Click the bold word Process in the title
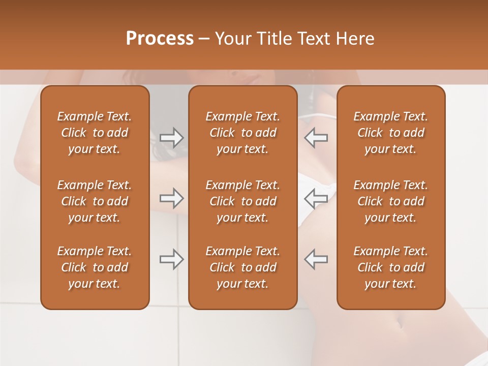[160, 39]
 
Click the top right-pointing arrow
[172, 138]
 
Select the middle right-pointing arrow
[172, 198]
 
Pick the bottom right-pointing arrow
[172, 259]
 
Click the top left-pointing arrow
[316, 138]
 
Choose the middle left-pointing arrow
[316, 198]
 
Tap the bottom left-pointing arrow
[316, 259]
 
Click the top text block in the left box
[95, 133]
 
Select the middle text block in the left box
[95, 201]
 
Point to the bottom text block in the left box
[95, 267]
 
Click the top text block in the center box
[243, 133]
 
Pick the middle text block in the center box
[243, 201]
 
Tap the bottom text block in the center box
[243, 267]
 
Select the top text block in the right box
[391, 133]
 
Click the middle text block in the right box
[391, 201]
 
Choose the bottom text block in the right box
[391, 267]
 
